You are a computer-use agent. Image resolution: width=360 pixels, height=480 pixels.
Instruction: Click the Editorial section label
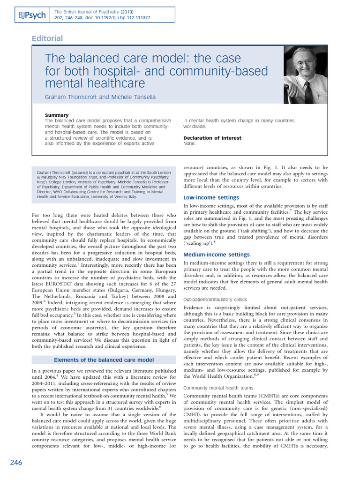point(47,38)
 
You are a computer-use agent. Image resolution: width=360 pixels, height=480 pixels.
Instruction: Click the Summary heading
point(57,115)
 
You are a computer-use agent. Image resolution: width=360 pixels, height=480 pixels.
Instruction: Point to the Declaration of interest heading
point(212,138)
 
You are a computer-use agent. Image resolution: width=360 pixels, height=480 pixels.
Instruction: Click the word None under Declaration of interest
point(189,144)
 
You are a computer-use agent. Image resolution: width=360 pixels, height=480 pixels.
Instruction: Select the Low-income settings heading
point(211,197)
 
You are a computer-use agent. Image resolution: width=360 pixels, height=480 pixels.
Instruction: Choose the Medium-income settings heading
point(216,255)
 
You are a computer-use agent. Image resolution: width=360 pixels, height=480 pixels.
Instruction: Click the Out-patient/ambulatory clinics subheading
point(215,299)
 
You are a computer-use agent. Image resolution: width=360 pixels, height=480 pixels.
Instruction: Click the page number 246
point(16,463)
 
